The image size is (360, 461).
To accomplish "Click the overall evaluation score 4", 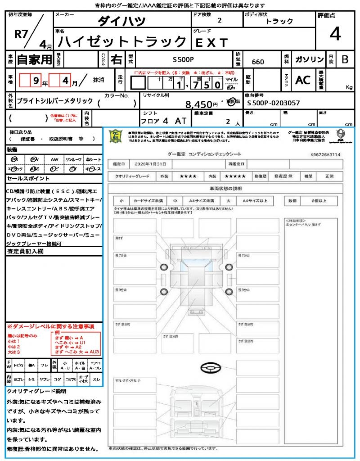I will point(334,34).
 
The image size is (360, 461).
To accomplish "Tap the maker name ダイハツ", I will point(122,21).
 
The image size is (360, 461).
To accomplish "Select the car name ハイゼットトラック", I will point(123,42).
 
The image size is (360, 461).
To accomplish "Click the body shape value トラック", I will point(279,21).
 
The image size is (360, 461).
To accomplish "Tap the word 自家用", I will point(34,59).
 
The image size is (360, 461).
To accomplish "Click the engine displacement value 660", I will point(258,62).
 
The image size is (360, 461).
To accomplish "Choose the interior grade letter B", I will point(345,59).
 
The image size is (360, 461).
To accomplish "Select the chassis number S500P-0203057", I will point(274,103).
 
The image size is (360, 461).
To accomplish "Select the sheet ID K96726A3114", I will point(325,154).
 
